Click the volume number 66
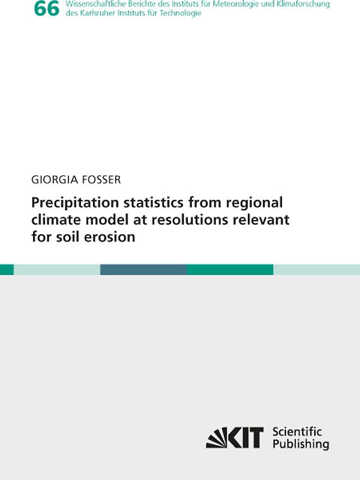[x=47, y=9]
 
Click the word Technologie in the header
[x=181, y=13]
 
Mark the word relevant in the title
[x=260, y=220]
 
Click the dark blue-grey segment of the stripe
[x=143, y=269]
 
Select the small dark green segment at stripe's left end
[x=7, y=269]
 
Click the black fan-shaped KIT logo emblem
[x=217, y=438]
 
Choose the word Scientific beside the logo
[x=297, y=432]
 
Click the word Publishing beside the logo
[x=301, y=445]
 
